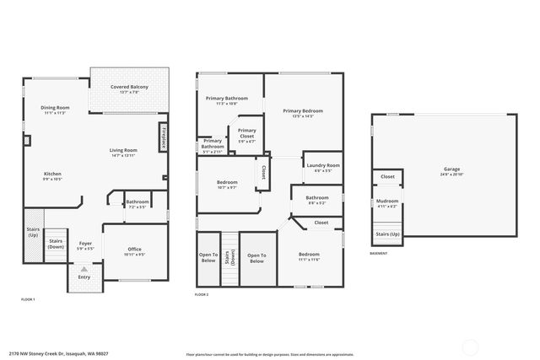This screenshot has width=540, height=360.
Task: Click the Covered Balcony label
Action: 129,87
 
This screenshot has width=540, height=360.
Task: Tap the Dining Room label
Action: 56,108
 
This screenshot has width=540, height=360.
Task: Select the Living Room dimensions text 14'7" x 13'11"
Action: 122,156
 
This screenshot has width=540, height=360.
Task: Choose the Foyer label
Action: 85,243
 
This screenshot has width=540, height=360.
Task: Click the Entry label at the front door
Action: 84,277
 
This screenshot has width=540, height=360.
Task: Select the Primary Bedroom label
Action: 303,110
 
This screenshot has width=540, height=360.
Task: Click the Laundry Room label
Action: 323,165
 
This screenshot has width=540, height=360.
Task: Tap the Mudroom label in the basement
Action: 387,201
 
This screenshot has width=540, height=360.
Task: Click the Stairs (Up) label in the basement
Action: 388,234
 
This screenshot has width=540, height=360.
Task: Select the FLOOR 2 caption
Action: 202,294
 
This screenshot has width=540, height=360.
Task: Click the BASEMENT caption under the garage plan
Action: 380,254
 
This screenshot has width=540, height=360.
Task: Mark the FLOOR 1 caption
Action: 29,299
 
